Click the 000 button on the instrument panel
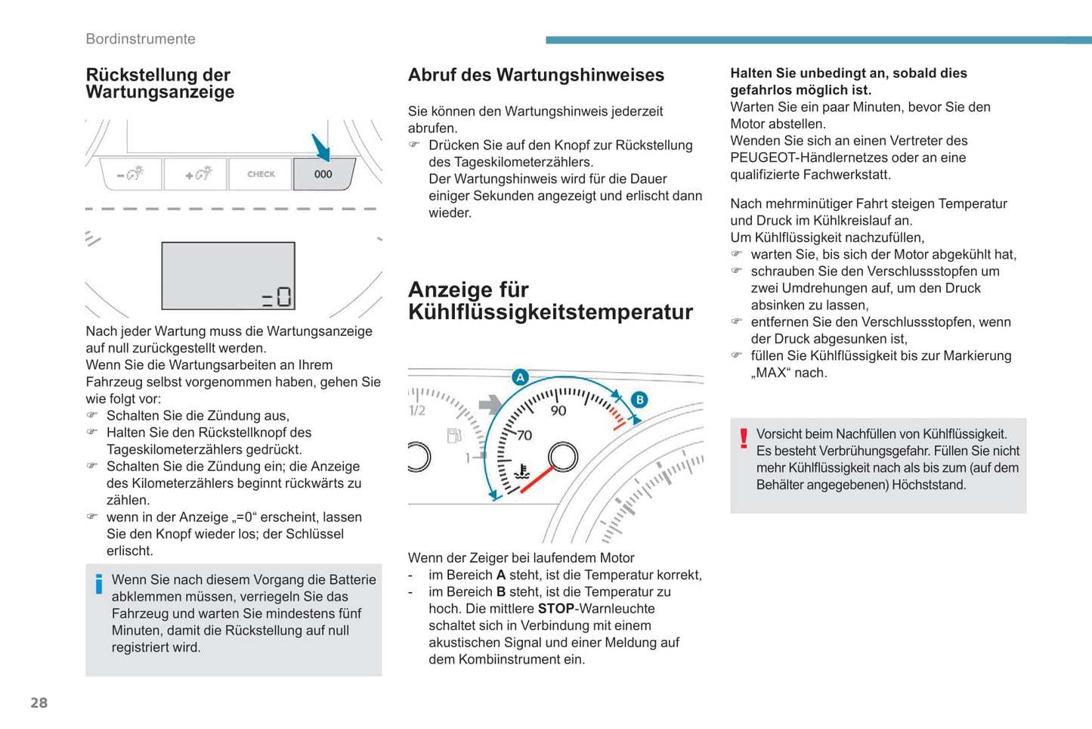(x=323, y=174)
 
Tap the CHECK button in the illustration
(x=261, y=174)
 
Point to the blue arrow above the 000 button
(x=321, y=147)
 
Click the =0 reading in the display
(x=277, y=296)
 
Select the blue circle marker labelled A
(x=520, y=377)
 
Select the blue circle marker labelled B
(x=639, y=399)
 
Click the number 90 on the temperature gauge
(x=558, y=411)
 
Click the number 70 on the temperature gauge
(x=524, y=436)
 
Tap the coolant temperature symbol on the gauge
(x=521, y=473)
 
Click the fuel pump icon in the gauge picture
(x=453, y=436)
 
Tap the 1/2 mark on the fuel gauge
(x=417, y=411)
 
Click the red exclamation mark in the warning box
(x=744, y=438)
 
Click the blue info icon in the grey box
(x=99, y=584)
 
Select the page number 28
(x=39, y=703)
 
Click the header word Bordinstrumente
(x=141, y=39)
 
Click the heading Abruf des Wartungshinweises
(x=536, y=75)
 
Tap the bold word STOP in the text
(x=556, y=609)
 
